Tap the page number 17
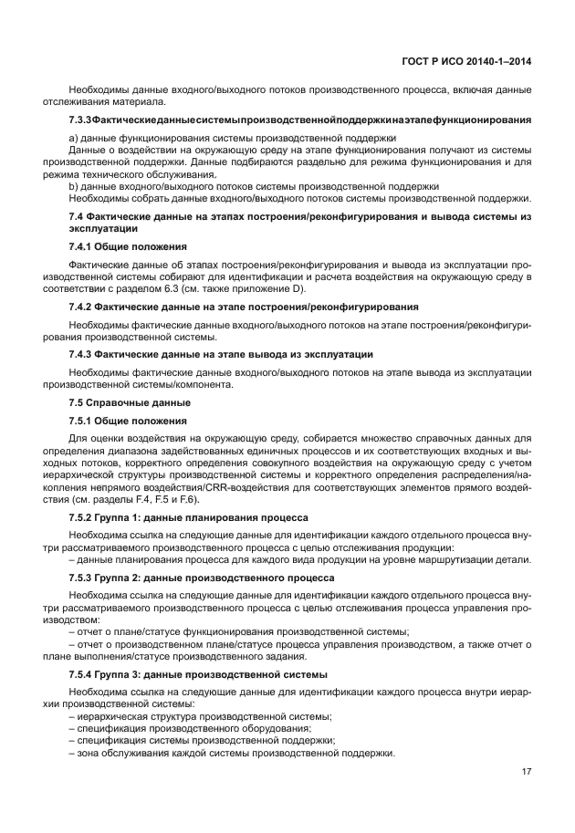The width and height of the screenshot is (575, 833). click(x=526, y=772)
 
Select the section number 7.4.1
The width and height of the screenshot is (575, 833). click(x=83, y=246)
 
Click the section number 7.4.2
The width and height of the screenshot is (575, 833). click(x=83, y=307)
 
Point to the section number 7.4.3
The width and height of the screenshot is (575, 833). click(x=83, y=354)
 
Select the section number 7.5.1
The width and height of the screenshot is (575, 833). click(x=83, y=422)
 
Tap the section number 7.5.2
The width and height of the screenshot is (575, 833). click(x=83, y=517)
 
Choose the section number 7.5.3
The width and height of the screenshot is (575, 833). click(x=83, y=578)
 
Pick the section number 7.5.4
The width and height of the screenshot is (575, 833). click(x=83, y=674)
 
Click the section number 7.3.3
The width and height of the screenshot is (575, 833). click(x=82, y=120)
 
